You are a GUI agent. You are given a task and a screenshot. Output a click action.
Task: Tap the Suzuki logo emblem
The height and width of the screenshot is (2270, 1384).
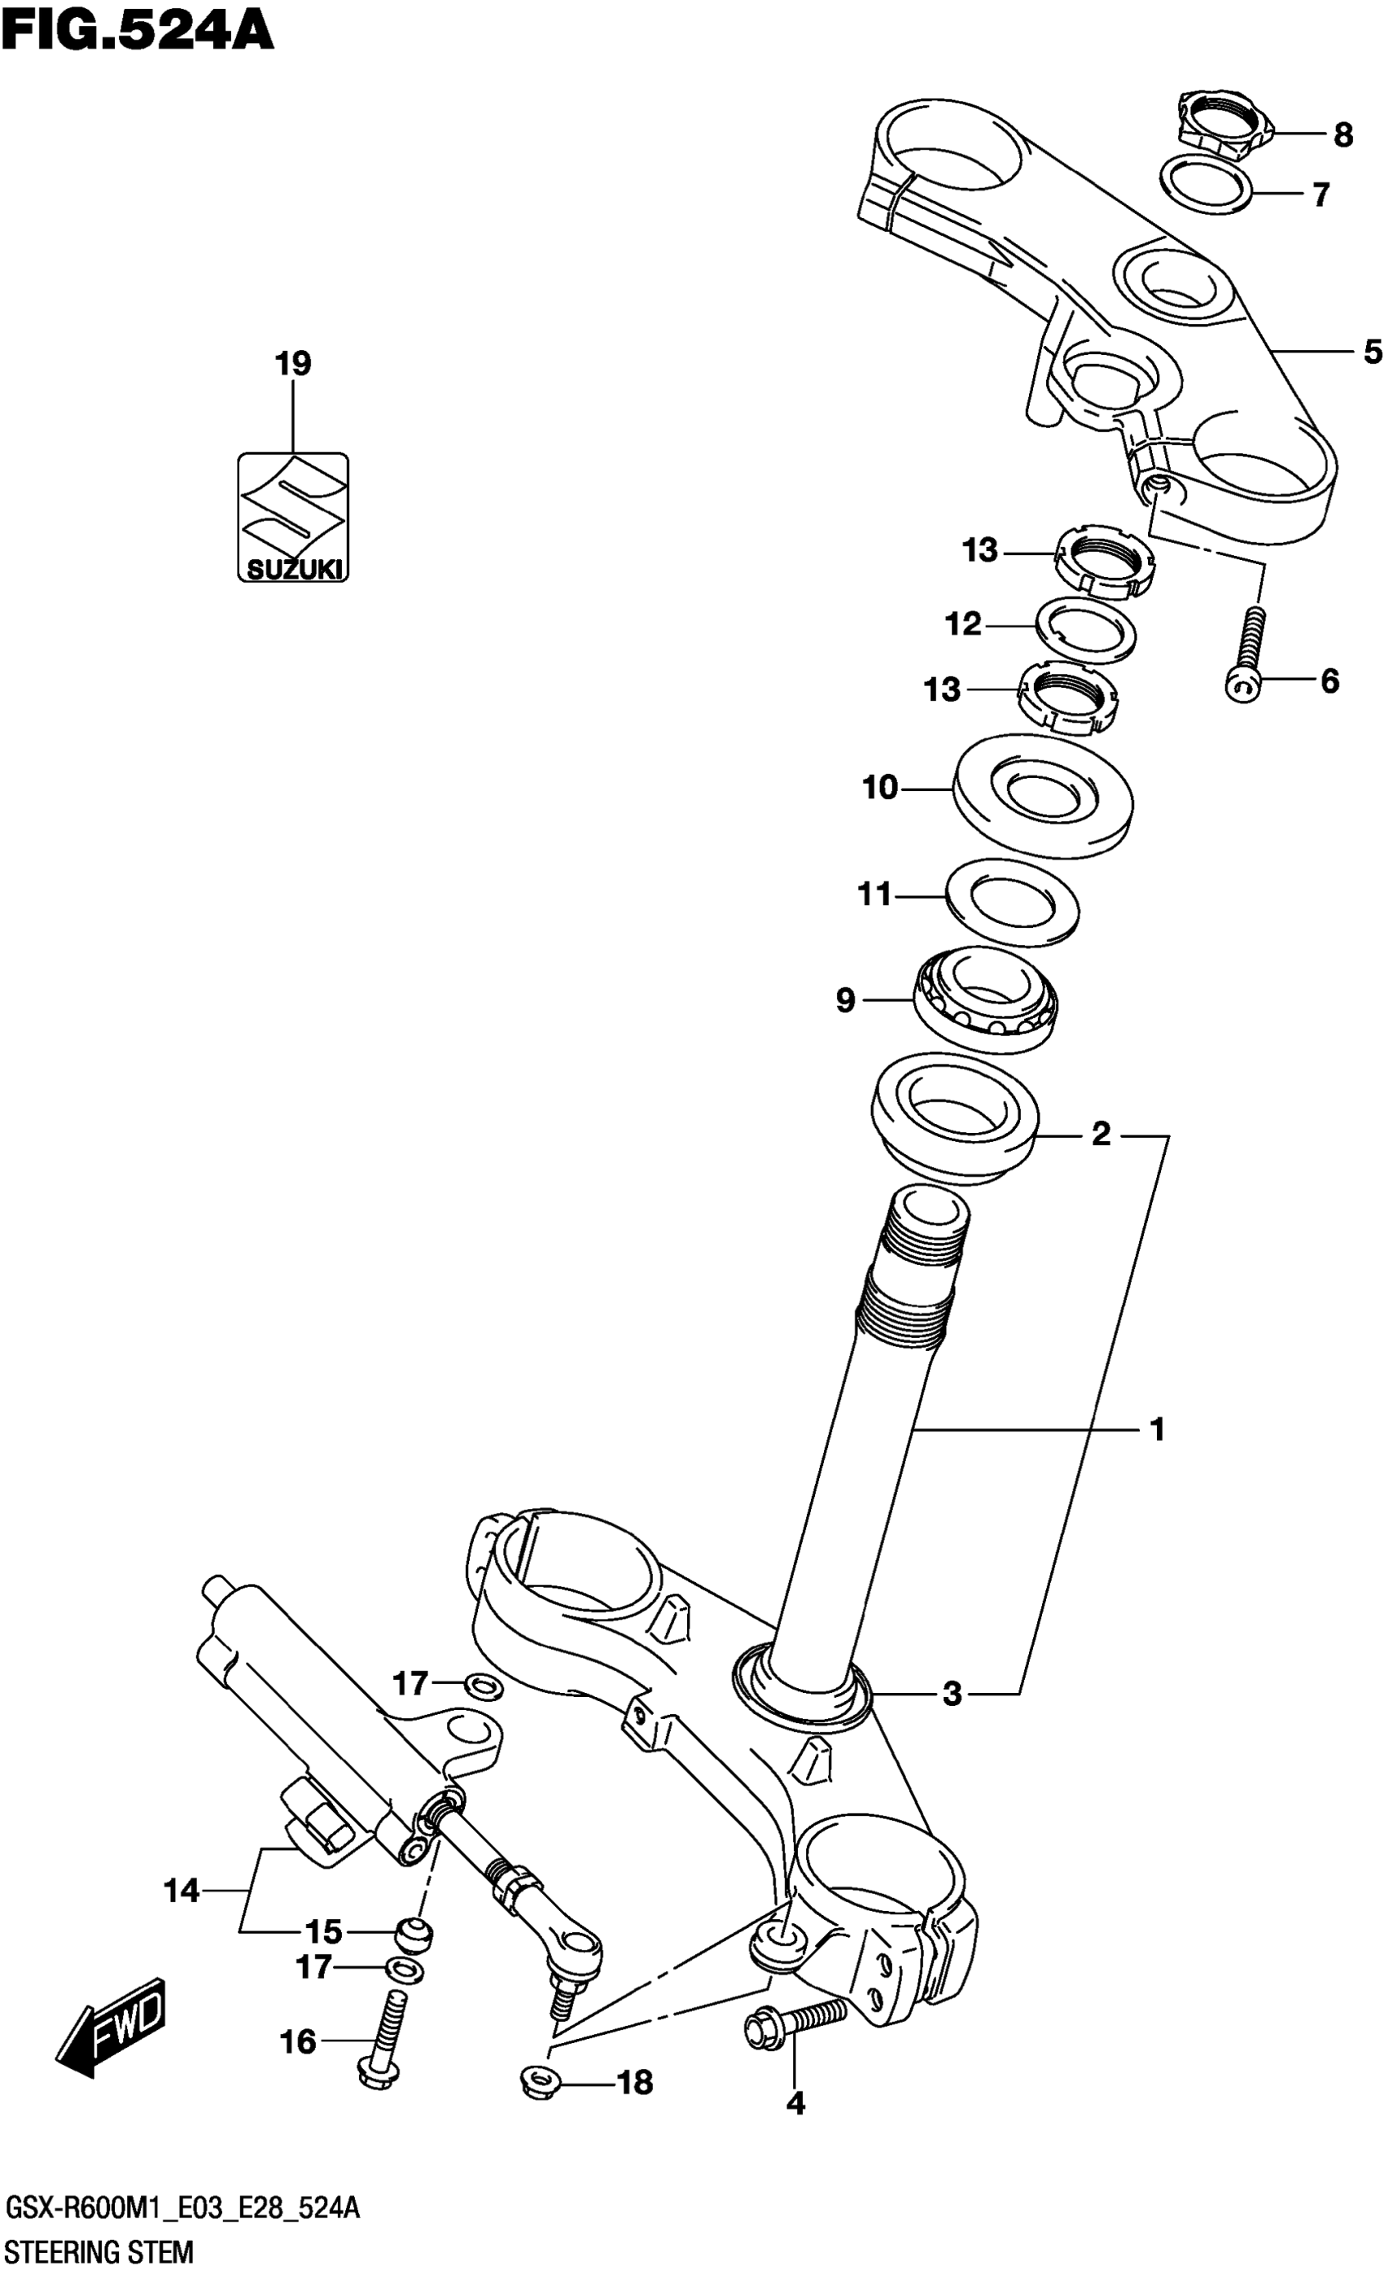(x=293, y=517)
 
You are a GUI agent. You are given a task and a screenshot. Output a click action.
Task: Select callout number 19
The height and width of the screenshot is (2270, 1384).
(x=293, y=364)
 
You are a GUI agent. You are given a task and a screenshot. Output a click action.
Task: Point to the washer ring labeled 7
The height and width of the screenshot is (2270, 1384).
(x=1205, y=186)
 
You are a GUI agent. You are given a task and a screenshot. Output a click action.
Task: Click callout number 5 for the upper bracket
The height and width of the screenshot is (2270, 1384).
(x=1372, y=352)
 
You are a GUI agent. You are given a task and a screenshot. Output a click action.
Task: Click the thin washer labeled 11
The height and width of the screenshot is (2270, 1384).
(x=1013, y=902)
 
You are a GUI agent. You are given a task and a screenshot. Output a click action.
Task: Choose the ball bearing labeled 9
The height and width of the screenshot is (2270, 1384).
(x=985, y=999)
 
